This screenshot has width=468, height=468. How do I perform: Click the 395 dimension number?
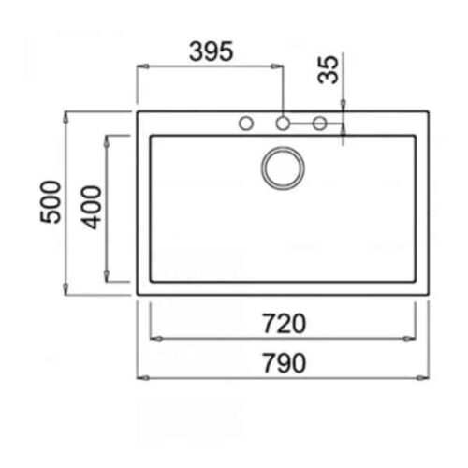pyautogui.click(x=212, y=51)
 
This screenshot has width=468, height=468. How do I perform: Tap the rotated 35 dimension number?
pyautogui.click(x=328, y=70)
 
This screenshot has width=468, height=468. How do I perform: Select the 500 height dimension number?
pyautogui.click(x=51, y=201)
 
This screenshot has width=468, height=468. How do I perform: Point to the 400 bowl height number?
pyautogui.click(x=91, y=208)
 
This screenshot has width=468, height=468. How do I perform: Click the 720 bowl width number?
pyautogui.click(x=284, y=324)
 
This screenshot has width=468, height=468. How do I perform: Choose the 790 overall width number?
pyautogui.click(x=284, y=363)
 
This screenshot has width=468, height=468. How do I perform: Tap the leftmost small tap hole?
pyautogui.click(x=246, y=124)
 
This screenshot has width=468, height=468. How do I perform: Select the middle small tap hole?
pyautogui.click(x=283, y=124)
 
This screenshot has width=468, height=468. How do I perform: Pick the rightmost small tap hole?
pyautogui.click(x=320, y=124)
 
